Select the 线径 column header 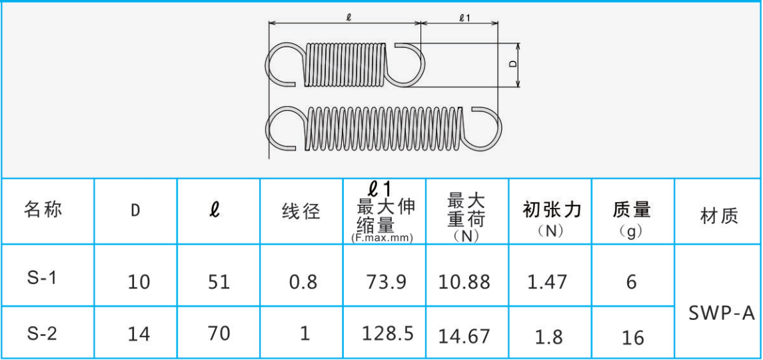(301, 211)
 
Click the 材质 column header (719, 215)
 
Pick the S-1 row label (42, 278)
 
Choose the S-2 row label (42, 334)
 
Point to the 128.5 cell (388, 333)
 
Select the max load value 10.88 (464, 281)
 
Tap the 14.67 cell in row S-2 (464, 337)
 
